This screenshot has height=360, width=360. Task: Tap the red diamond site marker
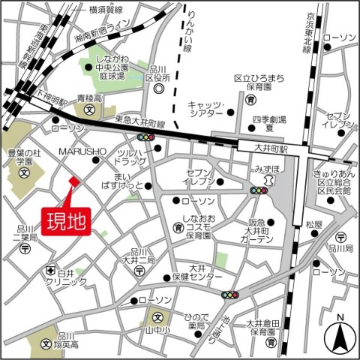(x=73, y=181)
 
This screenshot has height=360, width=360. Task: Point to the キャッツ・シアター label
(x=206, y=109)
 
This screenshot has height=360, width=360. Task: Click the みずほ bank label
(x=267, y=170)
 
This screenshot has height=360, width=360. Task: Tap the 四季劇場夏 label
(x=267, y=124)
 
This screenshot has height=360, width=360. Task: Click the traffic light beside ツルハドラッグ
(x=146, y=137)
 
